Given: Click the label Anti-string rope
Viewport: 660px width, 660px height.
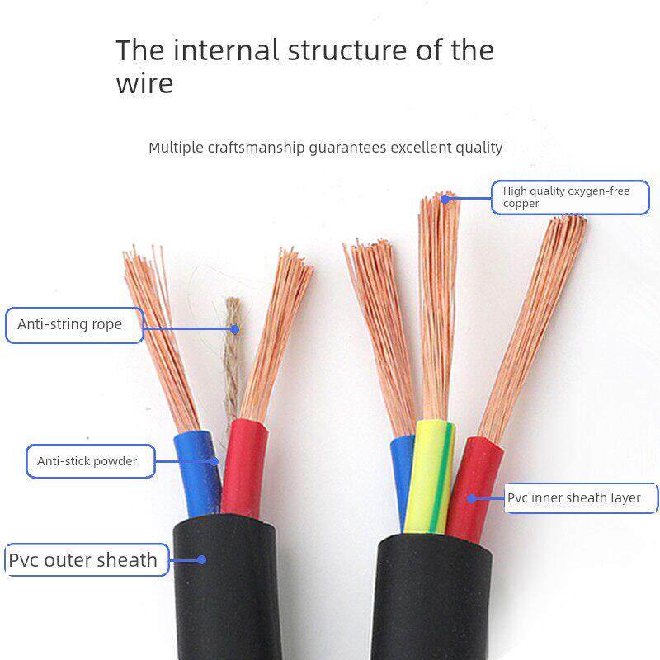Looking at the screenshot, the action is tap(70, 324).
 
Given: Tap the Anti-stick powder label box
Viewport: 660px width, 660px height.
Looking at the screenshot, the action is tap(87, 461).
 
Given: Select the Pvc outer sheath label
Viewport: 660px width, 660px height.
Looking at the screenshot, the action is tap(83, 560).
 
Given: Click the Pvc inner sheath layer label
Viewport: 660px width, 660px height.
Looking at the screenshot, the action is tap(574, 498).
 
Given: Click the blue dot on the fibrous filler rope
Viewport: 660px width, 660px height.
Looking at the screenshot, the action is tap(235, 329).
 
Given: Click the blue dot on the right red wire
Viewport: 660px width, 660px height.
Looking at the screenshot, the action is tap(472, 498).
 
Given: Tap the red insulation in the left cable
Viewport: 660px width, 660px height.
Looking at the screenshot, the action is tap(243, 466).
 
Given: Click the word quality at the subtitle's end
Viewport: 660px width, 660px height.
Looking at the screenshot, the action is tap(476, 148).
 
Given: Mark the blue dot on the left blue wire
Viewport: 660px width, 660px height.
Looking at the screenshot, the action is tap(214, 461).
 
